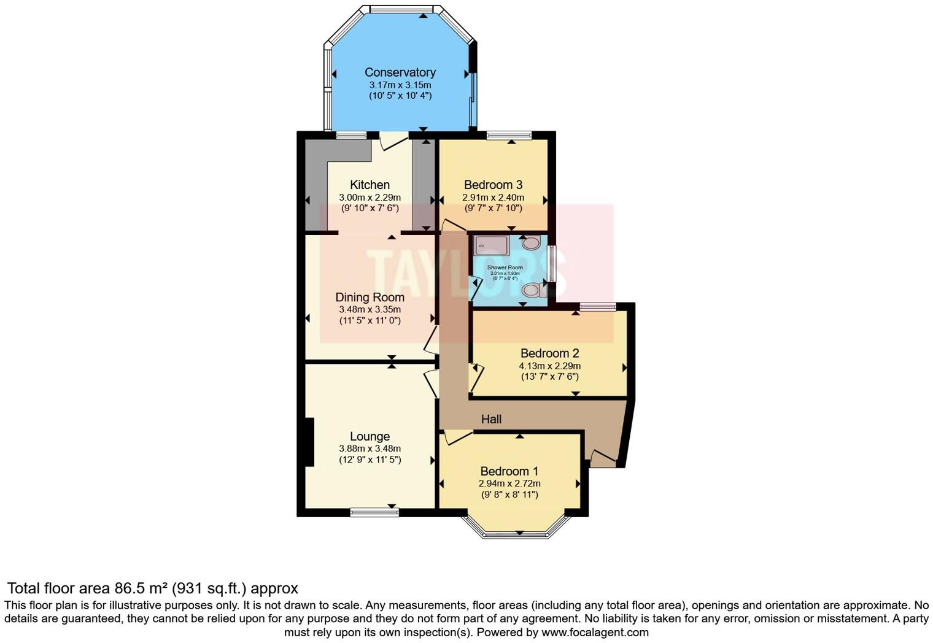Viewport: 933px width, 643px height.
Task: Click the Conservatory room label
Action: click(400, 72)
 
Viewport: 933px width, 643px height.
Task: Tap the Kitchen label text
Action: click(370, 185)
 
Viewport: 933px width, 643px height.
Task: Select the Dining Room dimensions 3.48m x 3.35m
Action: click(370, 309)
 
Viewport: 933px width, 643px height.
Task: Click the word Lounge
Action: click(370, 436)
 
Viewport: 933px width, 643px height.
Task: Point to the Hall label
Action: click(491, 419)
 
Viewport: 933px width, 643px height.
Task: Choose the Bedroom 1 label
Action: click(509, 471)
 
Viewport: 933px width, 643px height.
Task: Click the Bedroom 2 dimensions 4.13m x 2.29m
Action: click(549, 366)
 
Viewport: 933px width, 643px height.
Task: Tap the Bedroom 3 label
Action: click(493, 185)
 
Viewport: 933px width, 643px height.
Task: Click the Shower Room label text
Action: click(505, 268)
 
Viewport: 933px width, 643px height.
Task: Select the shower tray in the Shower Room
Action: click(491, 245)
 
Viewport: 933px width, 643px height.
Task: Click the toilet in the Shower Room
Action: click(532, 290)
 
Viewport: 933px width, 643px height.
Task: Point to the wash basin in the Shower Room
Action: click(530, 243)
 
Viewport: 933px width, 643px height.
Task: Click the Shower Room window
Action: click(552, 264)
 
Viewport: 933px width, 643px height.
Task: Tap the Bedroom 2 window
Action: click(598, 306)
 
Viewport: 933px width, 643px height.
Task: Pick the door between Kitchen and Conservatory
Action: click(393, 141)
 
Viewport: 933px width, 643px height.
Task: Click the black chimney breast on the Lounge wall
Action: click(310, 442)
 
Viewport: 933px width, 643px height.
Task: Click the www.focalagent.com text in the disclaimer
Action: click(595, 632)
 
